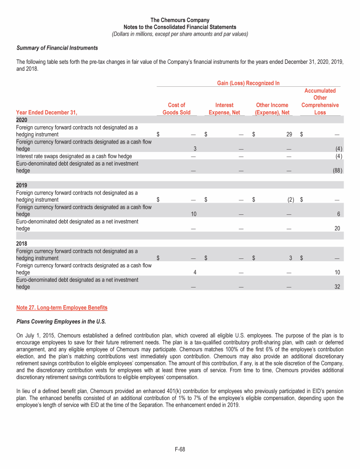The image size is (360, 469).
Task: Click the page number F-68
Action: pyautogui.click(x=180, y=449)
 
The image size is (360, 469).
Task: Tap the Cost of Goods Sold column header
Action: pyautogui.click(x=176, y=109)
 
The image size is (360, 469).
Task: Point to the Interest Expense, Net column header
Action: pyautogui.click(x=224, y=109)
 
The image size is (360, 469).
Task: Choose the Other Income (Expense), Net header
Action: pyautogui.click(x=272, y=109)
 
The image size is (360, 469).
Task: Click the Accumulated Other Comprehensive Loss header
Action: pyautogui.click(x=320, y=101)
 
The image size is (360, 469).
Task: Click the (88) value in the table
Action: pyautogui.click(x=334, y=171)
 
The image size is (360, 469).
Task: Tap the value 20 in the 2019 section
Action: pyautogui.click(x=337, y=229)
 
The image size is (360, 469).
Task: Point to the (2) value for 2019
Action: pyautogui.click(x=290, y=200)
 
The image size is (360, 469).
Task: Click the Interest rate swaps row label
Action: pyautogui.click(x=74, y=156)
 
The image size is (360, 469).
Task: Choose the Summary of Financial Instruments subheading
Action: pyautogui.click(x=57, y=48)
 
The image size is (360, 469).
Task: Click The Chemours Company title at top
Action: pyautogui.click(x=180, y=20)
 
